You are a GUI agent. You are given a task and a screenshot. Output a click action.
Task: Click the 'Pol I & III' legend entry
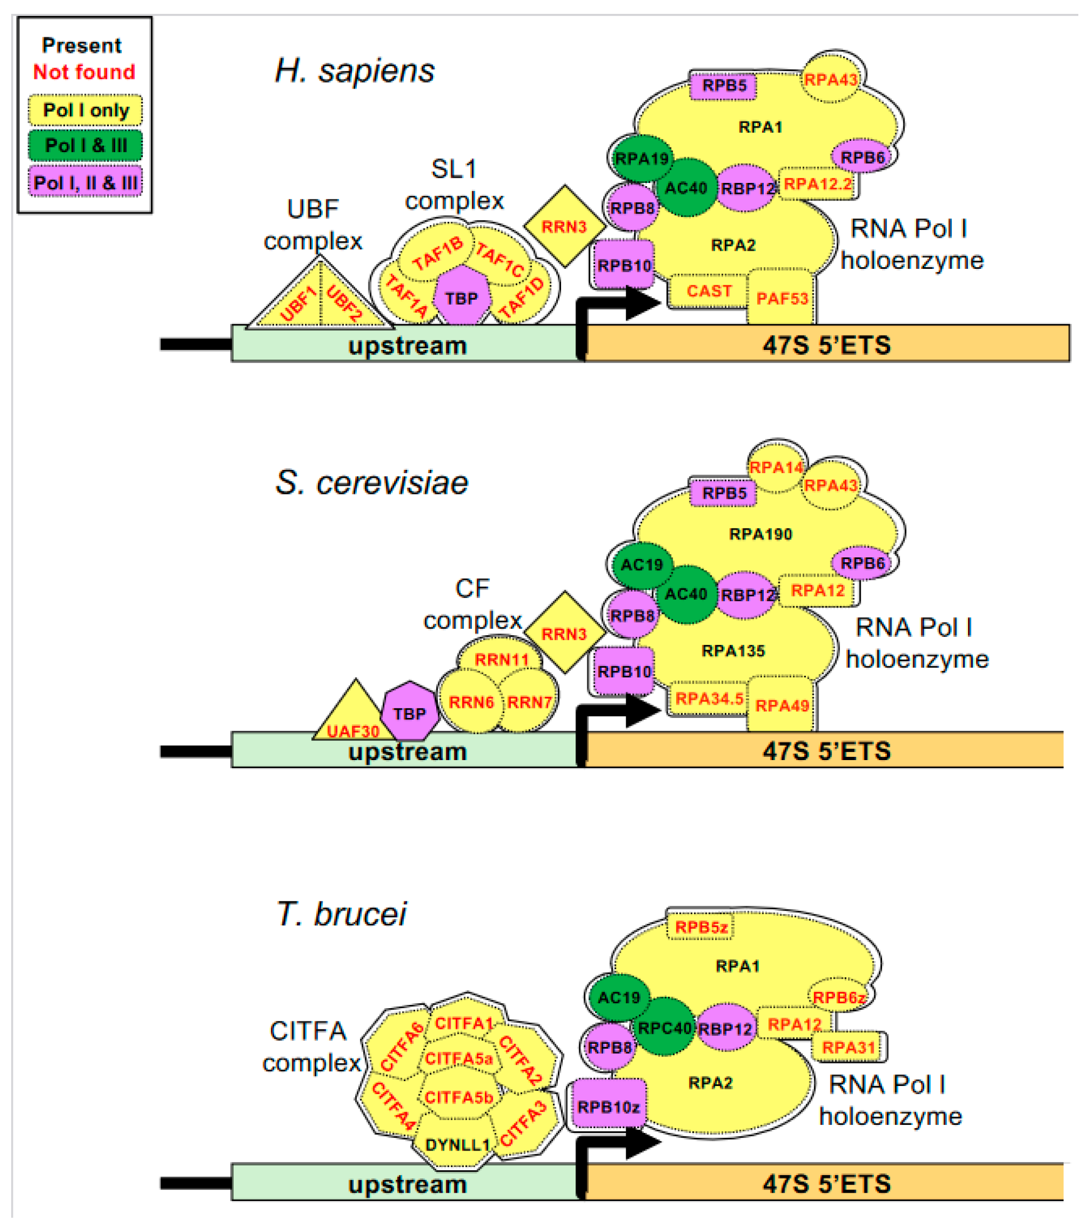point(85,145)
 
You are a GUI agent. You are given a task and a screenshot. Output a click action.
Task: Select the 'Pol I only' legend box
point(85,110)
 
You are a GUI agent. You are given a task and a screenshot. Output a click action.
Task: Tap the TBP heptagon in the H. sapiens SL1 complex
point(461,298)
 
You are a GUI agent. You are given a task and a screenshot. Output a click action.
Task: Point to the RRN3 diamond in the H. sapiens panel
point(564,226)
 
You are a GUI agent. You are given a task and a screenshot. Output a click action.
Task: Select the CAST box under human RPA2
point(709,291)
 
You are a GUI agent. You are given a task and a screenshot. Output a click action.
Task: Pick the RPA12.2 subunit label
point(818,183)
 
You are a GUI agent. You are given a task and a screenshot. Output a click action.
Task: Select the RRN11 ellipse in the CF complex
point(501,659)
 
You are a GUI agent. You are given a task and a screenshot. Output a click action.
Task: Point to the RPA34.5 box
point(709,699)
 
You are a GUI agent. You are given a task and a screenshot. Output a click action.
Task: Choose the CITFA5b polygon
point(459,1098)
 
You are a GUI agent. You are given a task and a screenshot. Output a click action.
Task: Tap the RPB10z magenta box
point(608,1107)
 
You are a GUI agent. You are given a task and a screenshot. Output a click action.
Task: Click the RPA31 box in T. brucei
point(848,1047)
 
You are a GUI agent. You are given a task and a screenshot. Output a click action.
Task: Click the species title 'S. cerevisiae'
point(371,483)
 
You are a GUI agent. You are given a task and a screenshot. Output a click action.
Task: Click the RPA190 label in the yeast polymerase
point(760,534)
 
